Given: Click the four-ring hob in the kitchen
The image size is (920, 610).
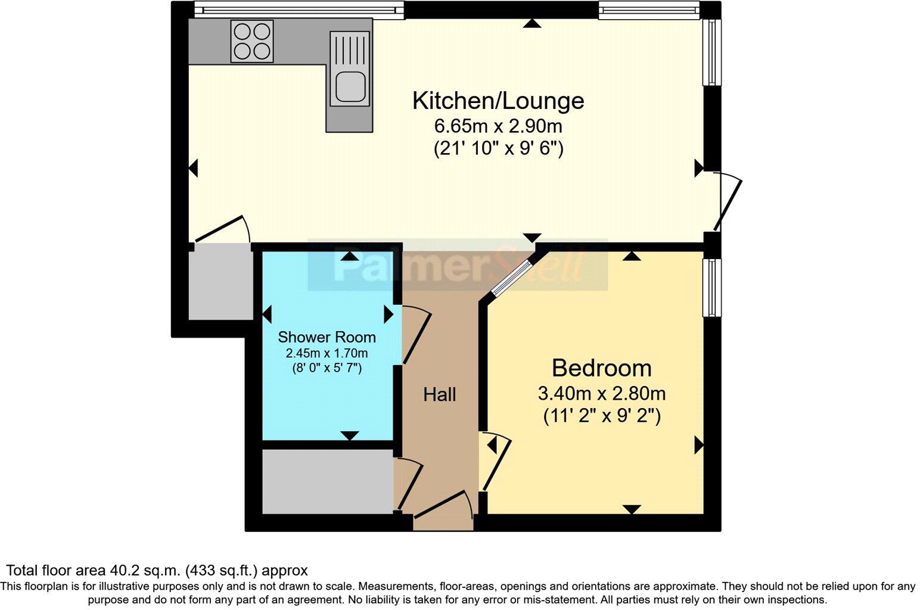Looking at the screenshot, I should pos(252,41).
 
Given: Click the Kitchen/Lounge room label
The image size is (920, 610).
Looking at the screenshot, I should pos(498,101).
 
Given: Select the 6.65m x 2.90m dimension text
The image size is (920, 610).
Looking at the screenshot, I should pos(498,126).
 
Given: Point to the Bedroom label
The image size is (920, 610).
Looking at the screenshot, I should pos(601,368).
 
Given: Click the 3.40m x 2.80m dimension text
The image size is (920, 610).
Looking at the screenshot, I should pos(601,394).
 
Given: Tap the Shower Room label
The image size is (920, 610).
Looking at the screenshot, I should pos(327,337).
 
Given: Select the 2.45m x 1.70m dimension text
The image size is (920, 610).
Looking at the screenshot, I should pos(327,353).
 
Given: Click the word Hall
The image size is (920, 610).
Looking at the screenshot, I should pos(440,394).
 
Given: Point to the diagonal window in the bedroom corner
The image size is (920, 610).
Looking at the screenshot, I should pos(511,278).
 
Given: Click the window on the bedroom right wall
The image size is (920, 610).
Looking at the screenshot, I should pos(711,287).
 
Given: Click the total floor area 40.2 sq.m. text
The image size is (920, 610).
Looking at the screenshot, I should pos(157,571).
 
